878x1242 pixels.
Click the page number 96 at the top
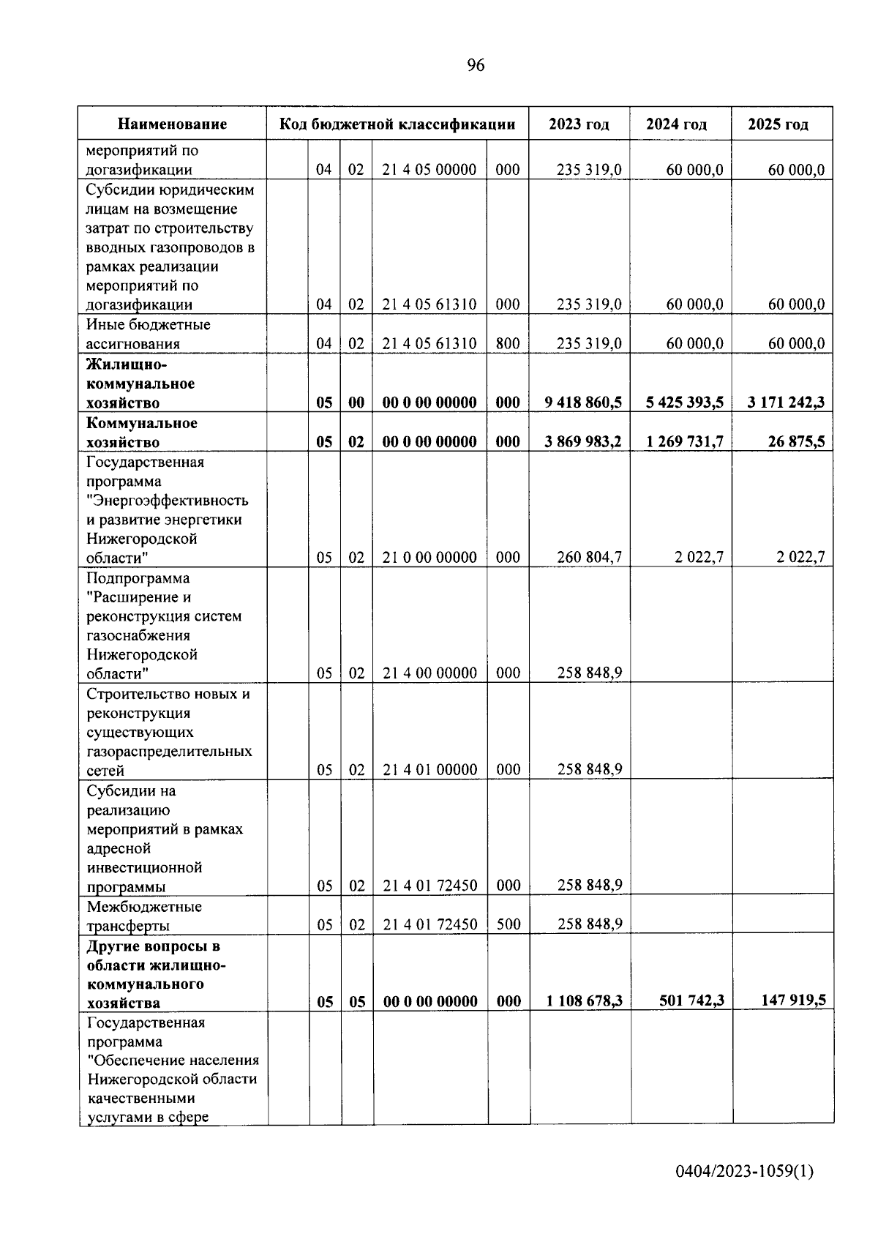476,66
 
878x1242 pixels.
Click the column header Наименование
173,124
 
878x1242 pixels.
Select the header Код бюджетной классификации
397,124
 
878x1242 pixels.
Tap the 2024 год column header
676,124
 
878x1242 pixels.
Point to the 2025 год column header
778,124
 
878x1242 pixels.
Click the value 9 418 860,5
583,403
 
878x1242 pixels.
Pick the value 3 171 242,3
786,403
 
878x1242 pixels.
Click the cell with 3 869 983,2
583,442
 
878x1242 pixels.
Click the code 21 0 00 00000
429,558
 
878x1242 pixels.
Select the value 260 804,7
589,558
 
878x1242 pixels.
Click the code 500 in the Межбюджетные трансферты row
509,924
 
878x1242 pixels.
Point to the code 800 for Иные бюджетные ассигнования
508,344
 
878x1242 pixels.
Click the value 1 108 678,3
584,1001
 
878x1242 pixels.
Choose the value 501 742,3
691,1000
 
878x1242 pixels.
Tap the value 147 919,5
793,1000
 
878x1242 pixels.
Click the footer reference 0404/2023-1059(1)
744,1171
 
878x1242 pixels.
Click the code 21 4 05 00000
429,170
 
